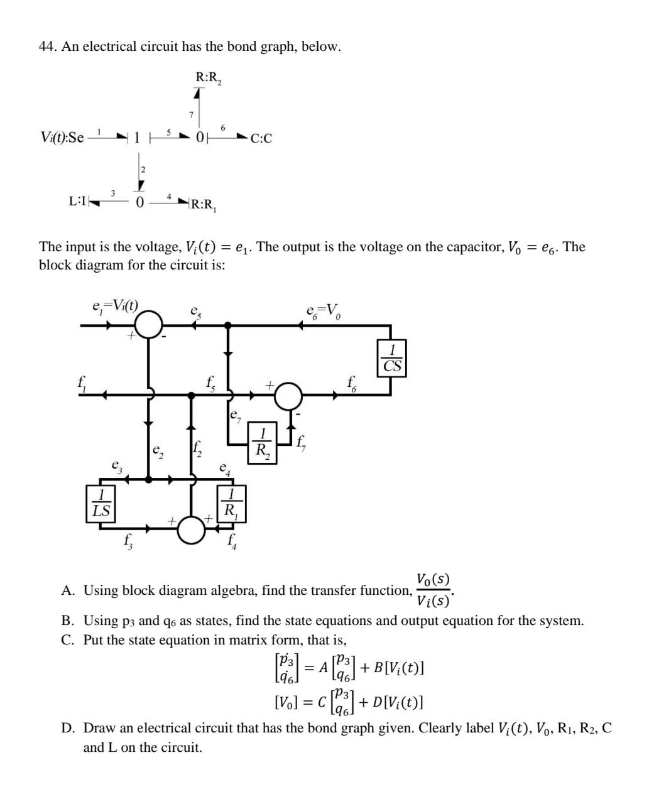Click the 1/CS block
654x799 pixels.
[391, 358]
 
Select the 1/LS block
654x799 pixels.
[101, 503]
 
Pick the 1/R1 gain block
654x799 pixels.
[231, 503]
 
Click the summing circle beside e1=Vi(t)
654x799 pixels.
[149, 325]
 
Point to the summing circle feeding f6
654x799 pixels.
[288, 395]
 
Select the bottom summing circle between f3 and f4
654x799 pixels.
[191, 529]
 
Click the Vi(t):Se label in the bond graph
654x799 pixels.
[62, 137]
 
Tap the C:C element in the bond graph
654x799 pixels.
[261, 138]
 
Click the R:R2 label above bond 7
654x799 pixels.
[209, 78]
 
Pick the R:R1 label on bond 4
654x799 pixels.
[203, 204]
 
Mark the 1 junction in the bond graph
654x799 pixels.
[138, 138]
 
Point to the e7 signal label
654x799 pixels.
[235, 415]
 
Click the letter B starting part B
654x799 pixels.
[67, 621]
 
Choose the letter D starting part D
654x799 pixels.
[67, 729]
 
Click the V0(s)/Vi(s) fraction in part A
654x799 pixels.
[433, 590]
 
